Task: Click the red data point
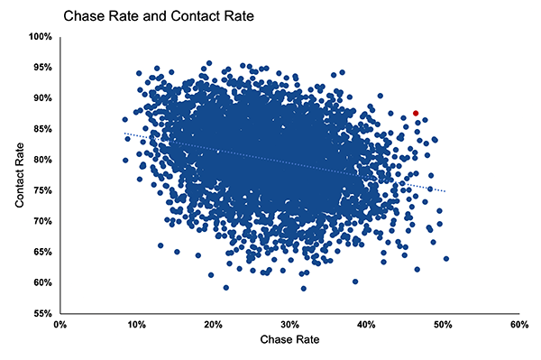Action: click(x=416, y=113)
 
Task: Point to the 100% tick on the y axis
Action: click(x=41, y=37)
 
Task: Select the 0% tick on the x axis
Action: click(x=60, y=324)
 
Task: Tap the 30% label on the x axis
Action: click(x=289, y=324)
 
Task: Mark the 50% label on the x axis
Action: click(x=442, y=324)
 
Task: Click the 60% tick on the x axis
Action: click(x=518, y=324)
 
